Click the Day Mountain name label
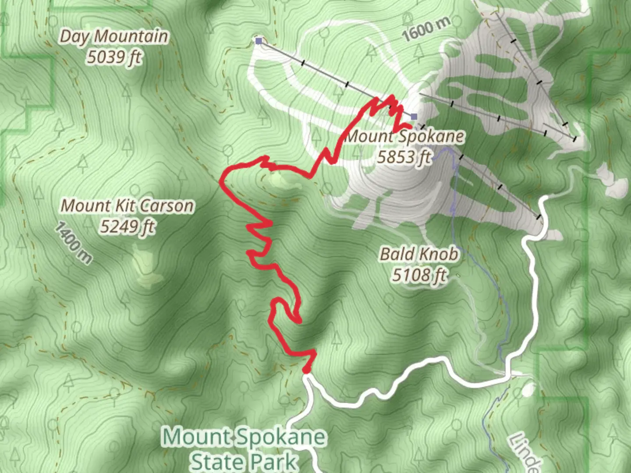click(x=113, y=36)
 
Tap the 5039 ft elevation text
click(x=114, y=57)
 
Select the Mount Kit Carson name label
click(x=127, y=205)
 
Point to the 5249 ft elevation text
click(x=128, y=226)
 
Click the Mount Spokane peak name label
click(x=404, y=136)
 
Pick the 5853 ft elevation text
click(x=404, y=156)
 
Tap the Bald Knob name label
click(x=419, y=254)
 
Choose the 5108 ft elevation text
click(x=419, y=275)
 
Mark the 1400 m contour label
click(x=74, y=243)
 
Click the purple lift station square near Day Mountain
click(x=259, y=41)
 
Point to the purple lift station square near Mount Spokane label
click(x=414, y=116)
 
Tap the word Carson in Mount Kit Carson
click(x=167, y=205)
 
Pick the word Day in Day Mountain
click(x=73, y=37)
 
